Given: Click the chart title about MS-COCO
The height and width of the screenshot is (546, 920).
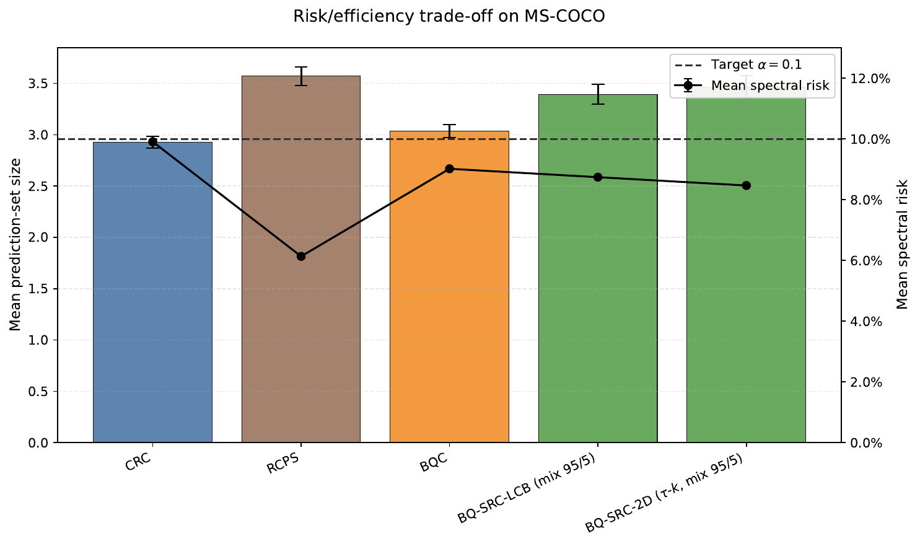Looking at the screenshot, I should [x=449, y=17].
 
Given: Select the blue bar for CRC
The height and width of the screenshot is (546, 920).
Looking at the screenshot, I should [x=152, y=291].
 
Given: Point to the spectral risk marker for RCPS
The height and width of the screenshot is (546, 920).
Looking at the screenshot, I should [x=301, y=256].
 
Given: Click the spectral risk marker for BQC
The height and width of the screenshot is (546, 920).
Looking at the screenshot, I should [x=449, y=169].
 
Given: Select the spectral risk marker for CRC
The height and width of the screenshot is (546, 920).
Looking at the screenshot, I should [x=152, y=142].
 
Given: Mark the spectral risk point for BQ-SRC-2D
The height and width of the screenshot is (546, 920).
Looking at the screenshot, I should [x=746, y=185].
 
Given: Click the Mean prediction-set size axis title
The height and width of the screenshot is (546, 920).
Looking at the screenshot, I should [x=15, y=245].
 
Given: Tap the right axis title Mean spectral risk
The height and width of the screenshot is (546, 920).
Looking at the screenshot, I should [x=902, y=245].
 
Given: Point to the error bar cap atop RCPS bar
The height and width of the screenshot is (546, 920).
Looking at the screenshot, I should [x=301, y=67].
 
